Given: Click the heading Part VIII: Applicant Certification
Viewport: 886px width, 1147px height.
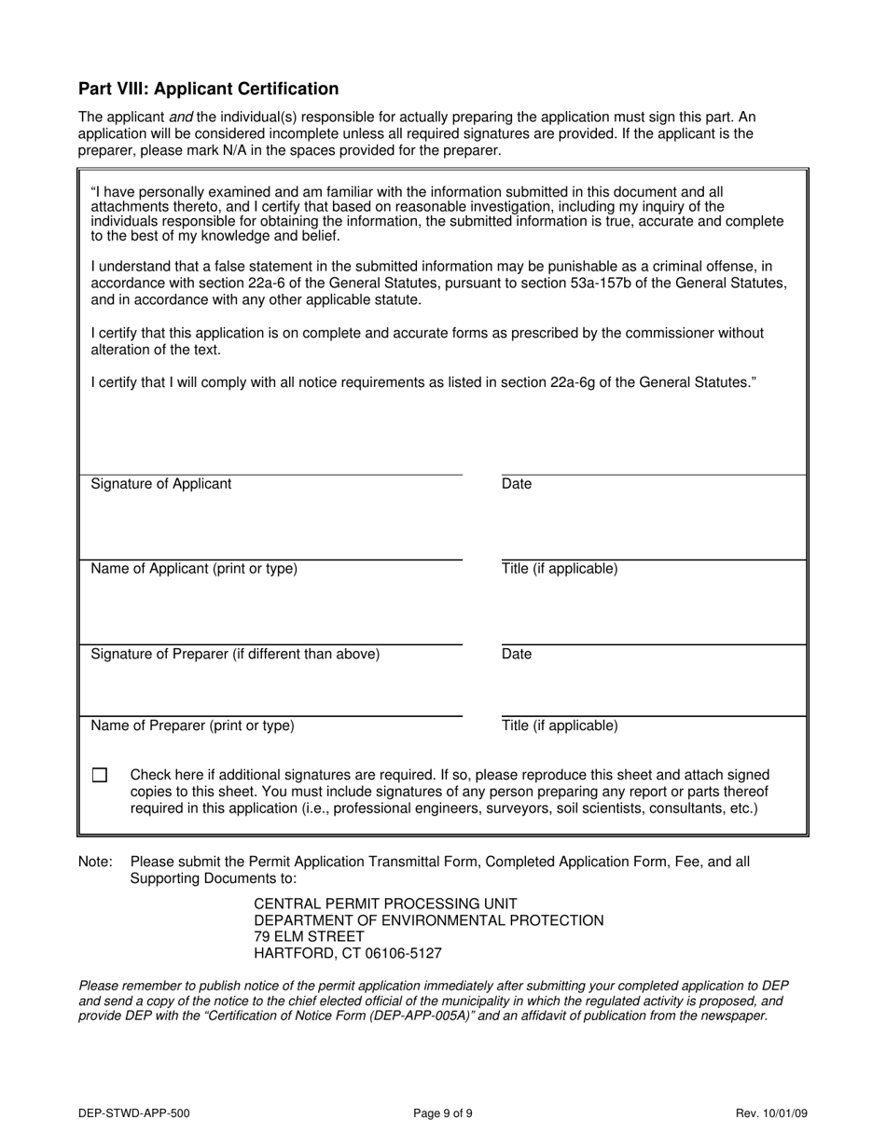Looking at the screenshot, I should tap(208, 90).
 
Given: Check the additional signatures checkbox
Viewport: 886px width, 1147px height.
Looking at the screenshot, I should tap(100, 775).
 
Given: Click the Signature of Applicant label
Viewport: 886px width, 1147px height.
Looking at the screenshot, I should tap(161, 484).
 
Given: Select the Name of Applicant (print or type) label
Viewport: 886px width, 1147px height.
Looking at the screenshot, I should tap(194, 569).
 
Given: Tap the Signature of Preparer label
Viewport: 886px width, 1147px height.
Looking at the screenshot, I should tap(235, 654).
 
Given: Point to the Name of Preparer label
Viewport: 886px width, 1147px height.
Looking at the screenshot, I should tap(192, 726).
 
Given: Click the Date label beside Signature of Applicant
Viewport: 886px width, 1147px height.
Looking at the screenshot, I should tap(517, 484).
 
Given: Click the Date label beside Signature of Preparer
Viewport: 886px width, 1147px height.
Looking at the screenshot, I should tap(517, 654).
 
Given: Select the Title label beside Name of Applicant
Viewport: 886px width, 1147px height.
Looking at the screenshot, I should tap(560, 569).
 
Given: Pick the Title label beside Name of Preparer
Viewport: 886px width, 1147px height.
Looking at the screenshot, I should tap(560, 726).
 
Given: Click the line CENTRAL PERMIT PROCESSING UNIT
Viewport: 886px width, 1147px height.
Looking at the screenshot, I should tap(385, 904).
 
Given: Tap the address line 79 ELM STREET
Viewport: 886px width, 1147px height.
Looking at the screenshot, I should tap(309, 937).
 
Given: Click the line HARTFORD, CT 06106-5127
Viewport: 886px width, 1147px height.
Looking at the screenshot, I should tap(348, 954).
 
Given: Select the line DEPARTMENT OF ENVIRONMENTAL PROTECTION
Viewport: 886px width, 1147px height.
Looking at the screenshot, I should tap(429, 920).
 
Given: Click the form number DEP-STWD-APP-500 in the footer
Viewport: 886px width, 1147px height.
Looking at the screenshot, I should tap(134, 1112).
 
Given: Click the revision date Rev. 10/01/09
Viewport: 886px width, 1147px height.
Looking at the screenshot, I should tap(770, 1112).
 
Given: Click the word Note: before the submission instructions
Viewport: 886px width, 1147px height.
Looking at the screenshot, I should tap(96, 862).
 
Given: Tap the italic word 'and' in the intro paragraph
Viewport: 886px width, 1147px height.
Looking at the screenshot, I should tap(181, 117).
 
